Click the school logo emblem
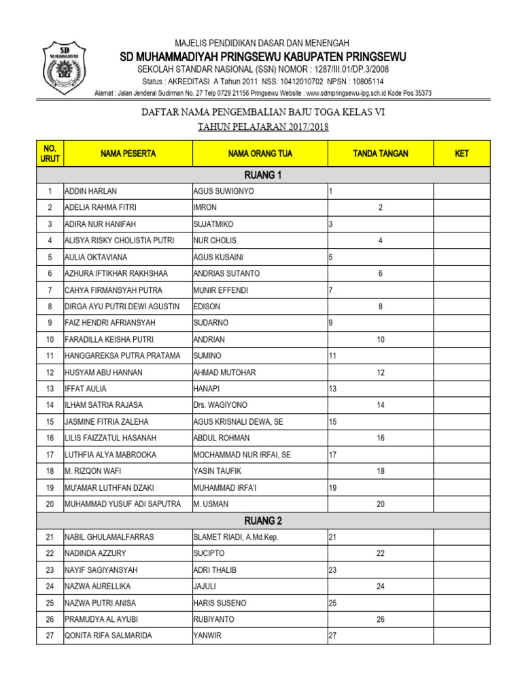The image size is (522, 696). point(65,69)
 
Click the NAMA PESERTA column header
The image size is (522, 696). point(128,154)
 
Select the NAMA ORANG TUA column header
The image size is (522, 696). point(260,154)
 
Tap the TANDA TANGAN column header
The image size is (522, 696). point(381,154)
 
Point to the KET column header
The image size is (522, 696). point(462,154)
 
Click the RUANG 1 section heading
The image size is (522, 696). point(262,175)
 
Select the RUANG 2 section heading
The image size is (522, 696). point(262,521)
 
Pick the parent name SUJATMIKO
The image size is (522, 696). point(214,224)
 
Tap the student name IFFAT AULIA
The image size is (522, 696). point(86,389)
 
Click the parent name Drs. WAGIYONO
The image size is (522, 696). point(220,405)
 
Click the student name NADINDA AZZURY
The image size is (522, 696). point(95,554)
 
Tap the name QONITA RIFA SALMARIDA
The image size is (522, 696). point(108,636)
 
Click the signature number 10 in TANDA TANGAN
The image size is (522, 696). point(381,339)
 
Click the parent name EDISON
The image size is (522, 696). point(207,307)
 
